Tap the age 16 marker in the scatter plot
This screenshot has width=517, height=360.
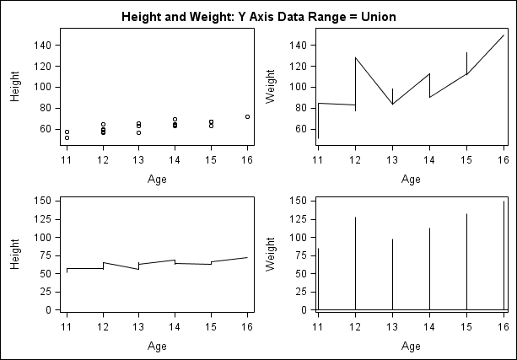[247, 116]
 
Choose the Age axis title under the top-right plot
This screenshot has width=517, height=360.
[411, 179]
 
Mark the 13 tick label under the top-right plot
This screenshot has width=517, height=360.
[392, 160]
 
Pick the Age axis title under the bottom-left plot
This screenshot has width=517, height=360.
[157, 346]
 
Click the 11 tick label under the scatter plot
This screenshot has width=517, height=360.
[67, 160]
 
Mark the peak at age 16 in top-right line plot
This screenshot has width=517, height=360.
[504, 35]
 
